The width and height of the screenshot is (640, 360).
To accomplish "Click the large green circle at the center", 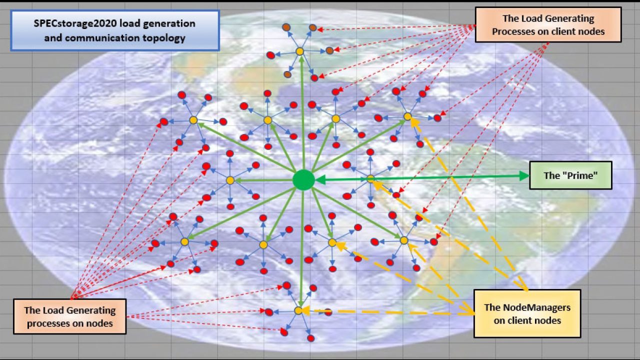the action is pyautogui.click(x=303, y=180).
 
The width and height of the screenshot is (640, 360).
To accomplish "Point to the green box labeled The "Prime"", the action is pyautogui.click(x=570, y=175).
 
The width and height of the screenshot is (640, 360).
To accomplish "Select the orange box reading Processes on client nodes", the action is pyautogui.click(x=548, y=25).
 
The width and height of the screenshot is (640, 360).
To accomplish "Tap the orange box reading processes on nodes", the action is pyautogui.click(x=69, y=316).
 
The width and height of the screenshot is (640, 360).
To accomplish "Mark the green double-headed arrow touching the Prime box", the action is pyautogui.click(x=422, y=177).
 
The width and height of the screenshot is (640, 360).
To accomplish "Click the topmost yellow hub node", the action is pyautogui.click(x=299, y=51).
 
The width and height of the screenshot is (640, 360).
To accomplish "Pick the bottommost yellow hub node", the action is pyautogui.click(x=298, y=310).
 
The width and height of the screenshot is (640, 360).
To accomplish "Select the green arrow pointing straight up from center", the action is pyautogui.click(x=302, y=113).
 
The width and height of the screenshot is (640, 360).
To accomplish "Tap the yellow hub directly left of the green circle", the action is pyautogui.click(x=230, y=180).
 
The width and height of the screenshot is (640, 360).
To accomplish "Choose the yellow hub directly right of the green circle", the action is pyautogui.click(x=370, y=179).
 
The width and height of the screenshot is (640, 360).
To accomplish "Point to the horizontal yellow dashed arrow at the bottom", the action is pyautogui.click(x=388, y=312).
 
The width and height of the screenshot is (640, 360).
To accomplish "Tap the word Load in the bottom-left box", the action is pyautogui.click(x=51, y=310).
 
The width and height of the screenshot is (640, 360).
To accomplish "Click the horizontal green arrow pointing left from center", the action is pyautogui.click(x=263, y=180).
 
